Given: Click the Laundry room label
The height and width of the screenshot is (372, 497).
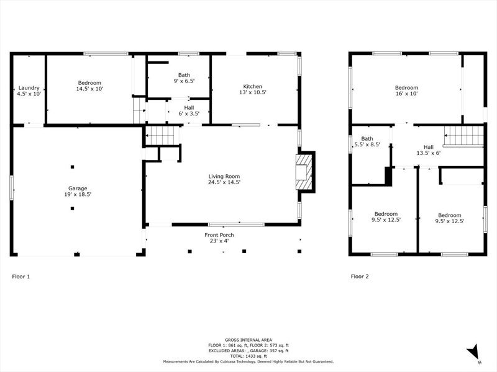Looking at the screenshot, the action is coord(29,88).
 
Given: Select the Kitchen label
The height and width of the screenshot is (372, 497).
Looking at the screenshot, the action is coord(253,86).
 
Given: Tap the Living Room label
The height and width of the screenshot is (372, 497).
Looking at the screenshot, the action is coord(224,177).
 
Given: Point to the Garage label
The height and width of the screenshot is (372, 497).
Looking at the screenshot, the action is coord(78,188).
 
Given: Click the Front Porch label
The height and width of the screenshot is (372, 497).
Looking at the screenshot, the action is coord(219,235).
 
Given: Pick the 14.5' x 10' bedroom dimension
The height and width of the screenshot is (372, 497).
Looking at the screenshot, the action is coord(89,89).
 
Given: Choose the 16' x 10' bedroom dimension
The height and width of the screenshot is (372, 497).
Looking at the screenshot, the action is coord(406,94).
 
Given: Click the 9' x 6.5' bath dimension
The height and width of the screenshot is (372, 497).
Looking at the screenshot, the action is coord(184,81).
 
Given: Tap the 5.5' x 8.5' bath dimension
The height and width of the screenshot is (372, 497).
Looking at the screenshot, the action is coord(367,144).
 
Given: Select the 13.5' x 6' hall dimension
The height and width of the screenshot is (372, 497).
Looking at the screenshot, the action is coord(429,153).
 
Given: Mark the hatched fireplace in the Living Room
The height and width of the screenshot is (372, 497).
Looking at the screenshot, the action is coord(304,172).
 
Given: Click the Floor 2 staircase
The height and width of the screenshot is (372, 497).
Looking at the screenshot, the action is coord(463,135).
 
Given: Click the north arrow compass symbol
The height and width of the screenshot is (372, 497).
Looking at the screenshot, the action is coord(473,352).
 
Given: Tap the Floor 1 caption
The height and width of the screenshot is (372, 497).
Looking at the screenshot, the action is coord(21,277).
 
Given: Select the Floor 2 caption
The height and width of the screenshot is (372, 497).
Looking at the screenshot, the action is coord(360,277).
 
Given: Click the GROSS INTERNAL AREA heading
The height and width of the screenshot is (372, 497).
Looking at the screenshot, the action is coord(248,340).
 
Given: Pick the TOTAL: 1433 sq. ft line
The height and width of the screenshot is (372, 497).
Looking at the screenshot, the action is coord(248,356).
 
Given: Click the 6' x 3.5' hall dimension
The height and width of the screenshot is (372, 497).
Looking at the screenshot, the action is coord(189,114).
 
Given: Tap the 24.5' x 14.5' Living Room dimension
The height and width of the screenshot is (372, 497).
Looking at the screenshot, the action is coord(224,182).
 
